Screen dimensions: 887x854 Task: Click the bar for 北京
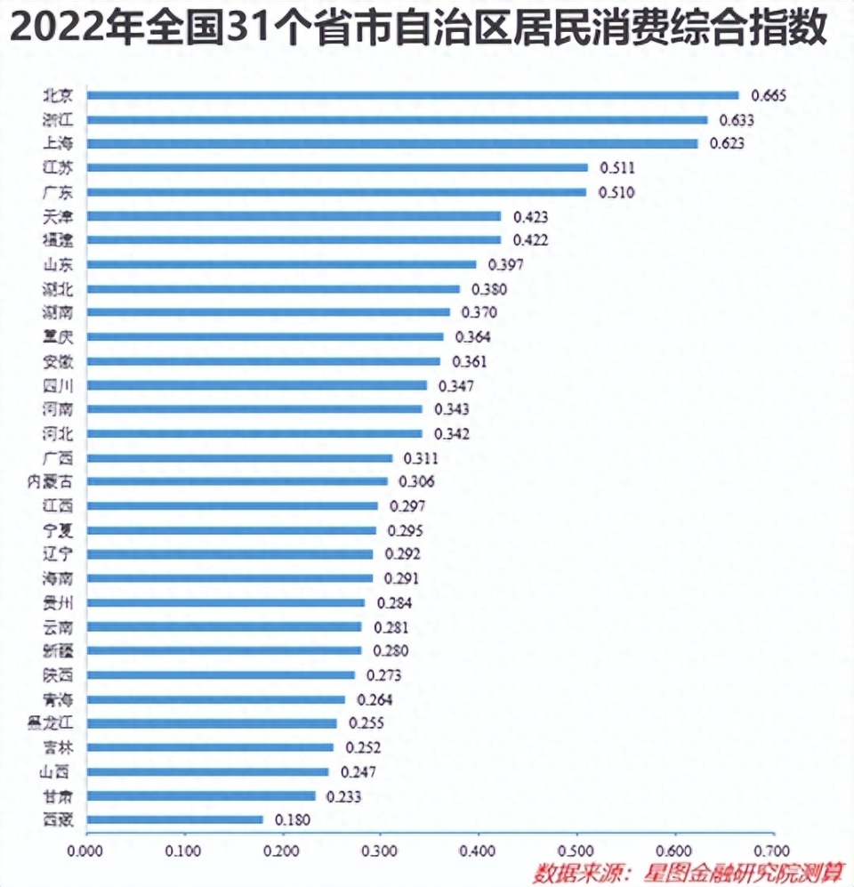pyautogui.click(x=412, y=95)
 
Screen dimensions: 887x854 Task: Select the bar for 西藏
pyautogui.click(x=174, y=818)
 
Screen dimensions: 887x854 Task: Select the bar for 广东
pyautogui.click(x=336, y=191)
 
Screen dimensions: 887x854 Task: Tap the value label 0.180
pyautogui.click(x=294, y=818)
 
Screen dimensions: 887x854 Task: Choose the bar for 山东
pyautogui.click(x=281, y=264)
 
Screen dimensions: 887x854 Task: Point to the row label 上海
pyautogui.click(x=58, y=143)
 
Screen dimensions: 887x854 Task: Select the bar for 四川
pyautogui.click(x=256, y=385)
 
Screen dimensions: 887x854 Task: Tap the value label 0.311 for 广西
pyautogui.click(x=421, y=458)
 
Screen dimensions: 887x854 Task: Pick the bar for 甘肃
pyautogui.click(x=200, y=794)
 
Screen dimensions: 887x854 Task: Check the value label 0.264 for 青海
pyautogui.click(x=375, y=699)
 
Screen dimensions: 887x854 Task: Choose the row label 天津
pyautogui.click(x=58, y=215)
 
